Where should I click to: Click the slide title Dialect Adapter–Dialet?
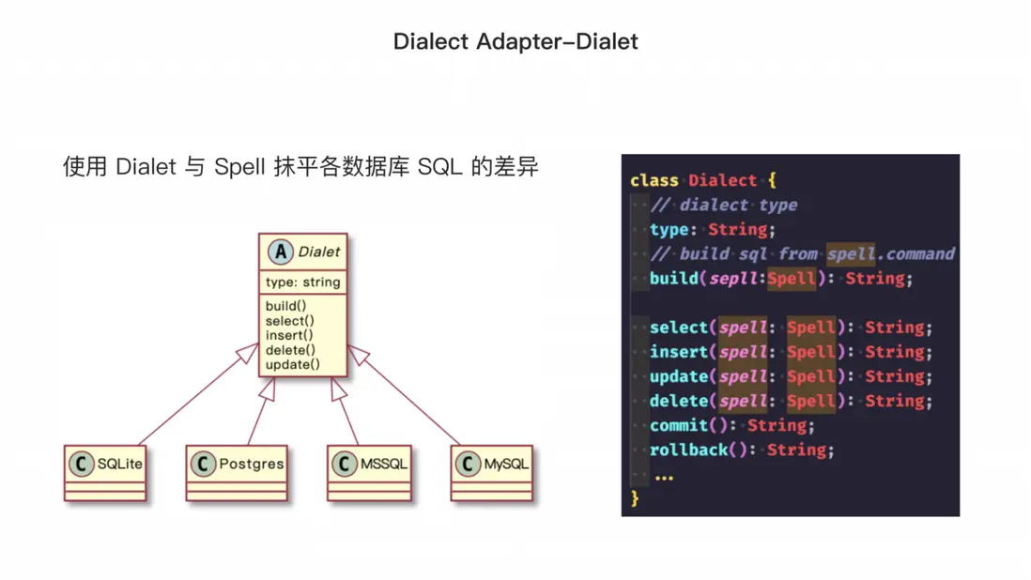pyautogui.click(x=515, y=41)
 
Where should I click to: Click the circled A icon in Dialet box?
pyautogui.click(x=280, y=252)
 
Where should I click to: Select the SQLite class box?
pyautogui.click(x=105, y=473)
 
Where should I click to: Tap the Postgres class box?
pyautogui.click(x=237, y=473)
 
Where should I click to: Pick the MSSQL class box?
pyautogui.click(x=370, y=473)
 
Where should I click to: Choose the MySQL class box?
pyautogui.click(x=492, y=473)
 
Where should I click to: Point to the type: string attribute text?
pyautogui.click(x=303, y=282)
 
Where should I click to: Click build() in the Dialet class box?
pyautogui.click(x=286, y=306)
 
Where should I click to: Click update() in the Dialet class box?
pyautogui.click(x=293, y=364)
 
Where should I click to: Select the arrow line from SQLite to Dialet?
pyautogui.click(x=198, y=394)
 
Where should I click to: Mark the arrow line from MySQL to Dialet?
pyautogui.click(x=404, y=395)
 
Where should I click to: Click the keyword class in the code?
pyautogui.click(x=654, y=180)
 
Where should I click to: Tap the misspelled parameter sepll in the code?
pyautogui.click(x=733, y=279)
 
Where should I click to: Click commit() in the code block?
pyautogui.click(x=688, y=426)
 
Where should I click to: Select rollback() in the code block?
pyautogui.click(x=699, y=450)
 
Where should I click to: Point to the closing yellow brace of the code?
pyautogui.click(x=635, y=498)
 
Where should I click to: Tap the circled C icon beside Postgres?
pyautogui.click(x=203, y=464)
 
